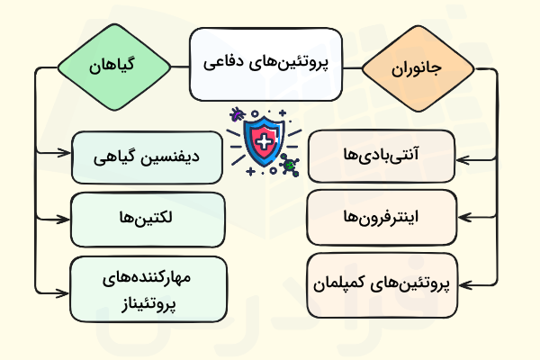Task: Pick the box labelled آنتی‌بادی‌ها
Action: click(382, 156)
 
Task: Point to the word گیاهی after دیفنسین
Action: click(117, 156)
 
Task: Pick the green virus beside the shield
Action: click(290, 165)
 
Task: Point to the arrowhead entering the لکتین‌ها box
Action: click(67, 219)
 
